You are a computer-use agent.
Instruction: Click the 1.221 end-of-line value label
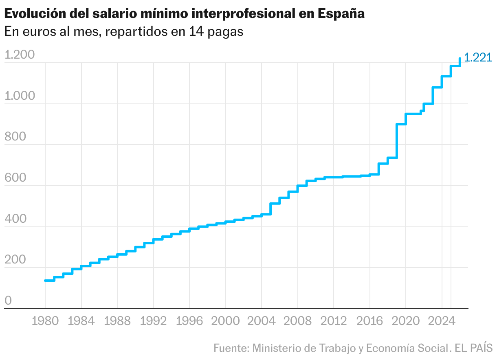(x=478, y=58)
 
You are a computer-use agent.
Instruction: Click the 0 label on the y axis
(x=8, y=301)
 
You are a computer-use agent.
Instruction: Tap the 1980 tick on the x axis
(x=45, y=321)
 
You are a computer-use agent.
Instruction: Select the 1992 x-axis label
(x=153, y=321)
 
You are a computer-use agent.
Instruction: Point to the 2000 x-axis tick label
(x=225, y=321)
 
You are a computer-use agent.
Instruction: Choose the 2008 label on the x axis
(x=297, y=321)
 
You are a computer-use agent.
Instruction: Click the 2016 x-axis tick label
(x=369, y=321)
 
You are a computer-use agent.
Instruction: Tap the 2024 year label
(x=442, y=321)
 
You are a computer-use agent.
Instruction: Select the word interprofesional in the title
(x=244, y=14)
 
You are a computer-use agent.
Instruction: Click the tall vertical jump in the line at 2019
(x=396, y=140)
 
